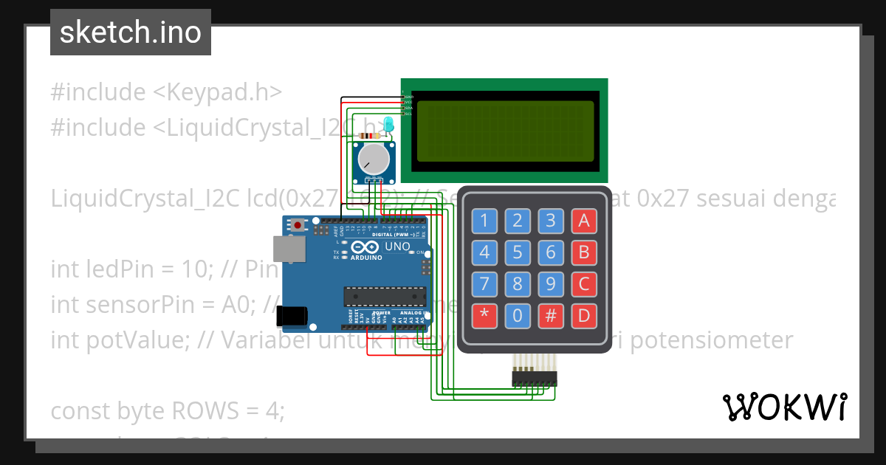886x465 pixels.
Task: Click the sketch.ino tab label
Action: pos(131,32)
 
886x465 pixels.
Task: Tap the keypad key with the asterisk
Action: pos(484,317)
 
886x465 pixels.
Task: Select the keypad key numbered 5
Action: pos(518,252)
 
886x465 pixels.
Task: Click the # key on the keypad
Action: pos(551,317)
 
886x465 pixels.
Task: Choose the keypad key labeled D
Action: pos(584,317)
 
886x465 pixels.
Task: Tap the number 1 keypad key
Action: pos(484,220)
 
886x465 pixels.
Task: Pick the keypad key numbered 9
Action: pos(551,284)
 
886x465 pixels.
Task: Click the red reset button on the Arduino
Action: pos(298,224)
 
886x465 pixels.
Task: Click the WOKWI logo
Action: pos(784,407)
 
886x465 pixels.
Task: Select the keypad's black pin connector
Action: pos(535,378)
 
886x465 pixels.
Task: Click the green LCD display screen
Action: pos(505,131)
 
